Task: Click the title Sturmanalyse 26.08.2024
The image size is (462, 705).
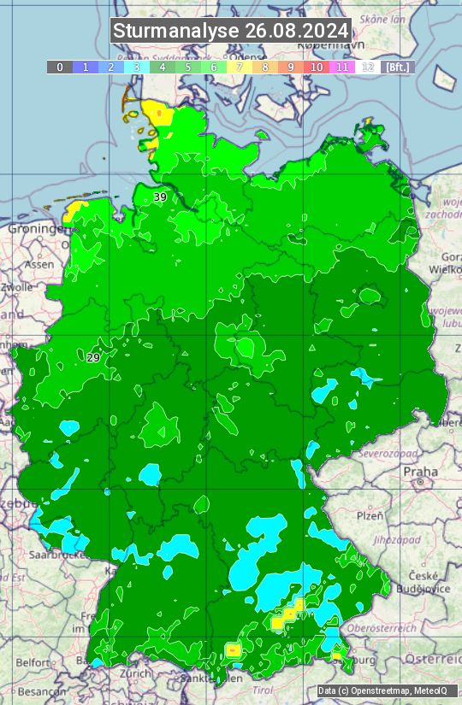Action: (231, 31)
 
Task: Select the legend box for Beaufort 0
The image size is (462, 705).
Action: (60, 67)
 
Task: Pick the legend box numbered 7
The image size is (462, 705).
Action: (240, 67)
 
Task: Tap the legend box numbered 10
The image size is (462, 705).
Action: (317, 67)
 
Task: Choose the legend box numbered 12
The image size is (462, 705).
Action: (368, 67)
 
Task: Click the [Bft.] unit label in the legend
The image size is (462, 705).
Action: (398, 67)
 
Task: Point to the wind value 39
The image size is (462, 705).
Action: (160, 197)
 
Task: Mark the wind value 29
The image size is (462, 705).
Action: (93, 357)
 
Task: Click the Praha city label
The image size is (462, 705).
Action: (420, 472)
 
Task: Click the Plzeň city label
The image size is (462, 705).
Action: (370, 515)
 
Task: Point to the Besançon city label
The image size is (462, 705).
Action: (41, 690)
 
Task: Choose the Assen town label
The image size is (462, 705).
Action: (38, 265)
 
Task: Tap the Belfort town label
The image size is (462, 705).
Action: (33, 662)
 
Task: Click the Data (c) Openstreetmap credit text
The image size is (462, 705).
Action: (382, 690)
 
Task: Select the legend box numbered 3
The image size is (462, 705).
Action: (137, 67)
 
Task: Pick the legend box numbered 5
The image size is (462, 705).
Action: (188, 67)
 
